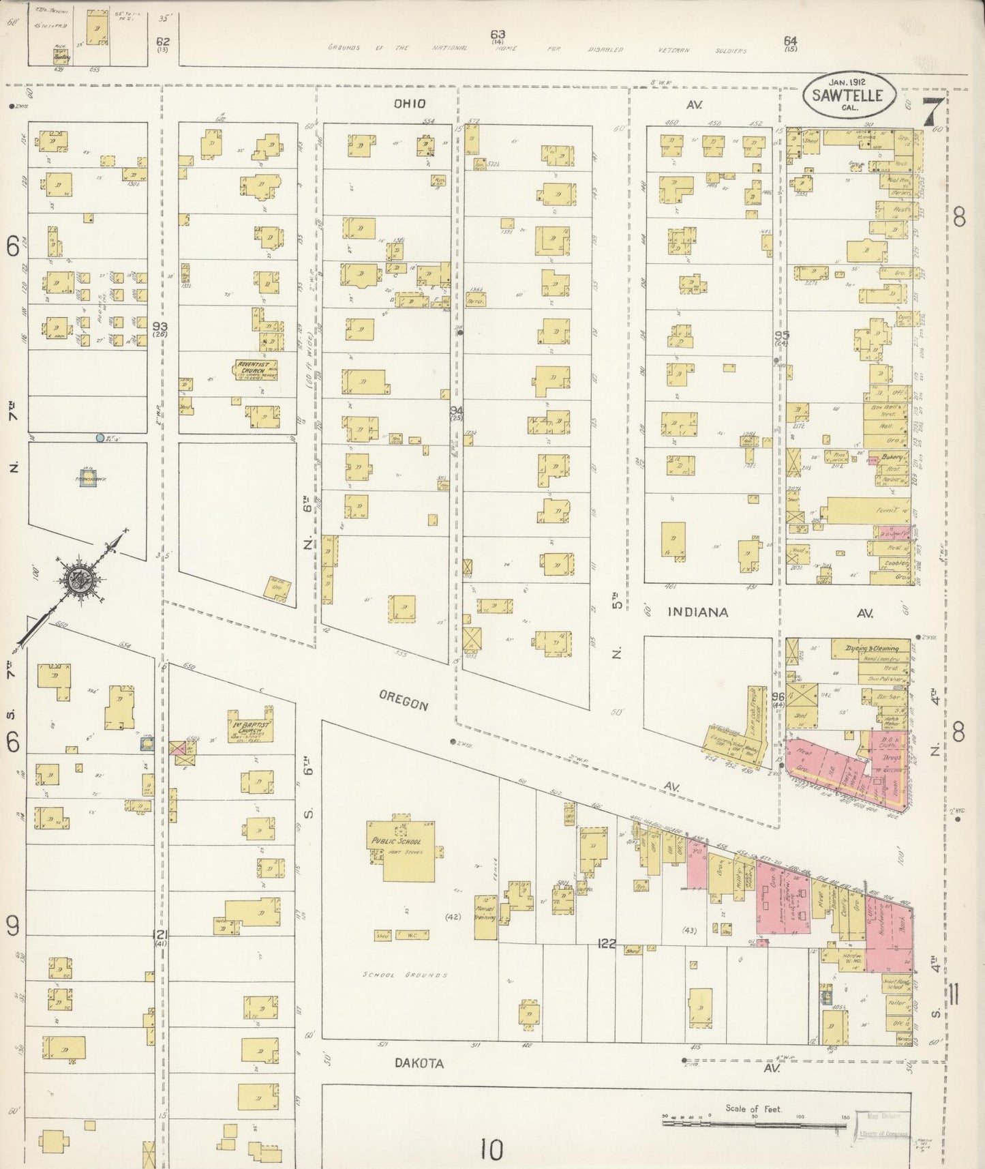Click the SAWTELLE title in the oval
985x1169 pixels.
pyautogui.click(x=847, y=95)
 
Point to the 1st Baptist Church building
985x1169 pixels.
pyautogui.click(x=250, y=727)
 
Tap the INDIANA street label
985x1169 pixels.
pyautogui.click(x=697, y=612)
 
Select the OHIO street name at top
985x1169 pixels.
pyautogui.click(x=409, y=104)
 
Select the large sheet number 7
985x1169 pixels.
pyautogui.click(x=934, y=111)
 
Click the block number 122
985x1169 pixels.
pyautogui.click(x=607, y=943)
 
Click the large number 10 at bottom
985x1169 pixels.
pyautogui.click(x=490, y=1150)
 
